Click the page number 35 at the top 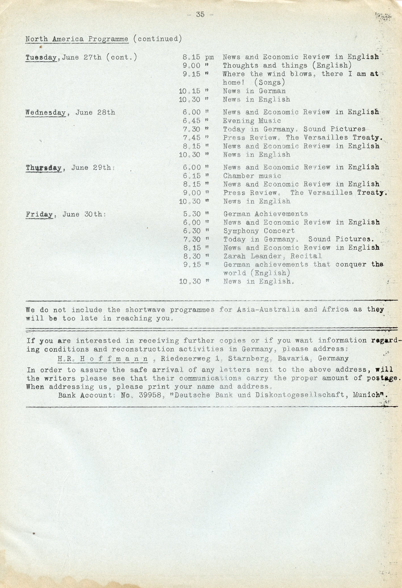[x=200, y=15]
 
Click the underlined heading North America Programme [x=77, y=39]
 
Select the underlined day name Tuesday [x=41, y=58]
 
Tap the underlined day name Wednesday [x=45, y=113]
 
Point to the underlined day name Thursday [x=44, y=168]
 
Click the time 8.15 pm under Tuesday [x=198, y=58]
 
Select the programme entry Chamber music [x=252, y=176]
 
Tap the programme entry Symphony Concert [x=259, y=231]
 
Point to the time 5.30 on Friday [x=192, y=214]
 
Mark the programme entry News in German [x=254, y=91]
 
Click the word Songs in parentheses [x=270, y=82]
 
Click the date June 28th [x=95, y=113]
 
